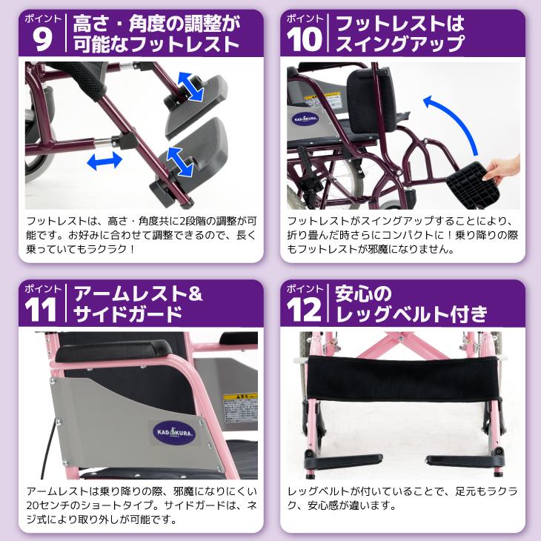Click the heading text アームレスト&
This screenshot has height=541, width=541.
tap(136, 293)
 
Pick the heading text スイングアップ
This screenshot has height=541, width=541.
tap(400, 44)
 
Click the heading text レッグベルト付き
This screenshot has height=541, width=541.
tap(411, 316)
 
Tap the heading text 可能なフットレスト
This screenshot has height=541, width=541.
tap(156, 44)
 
